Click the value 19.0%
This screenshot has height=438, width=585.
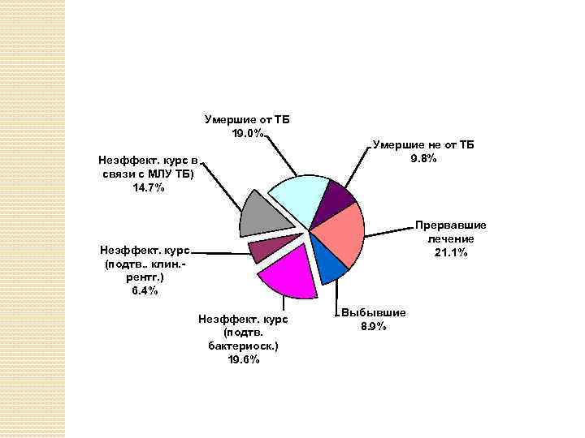247,134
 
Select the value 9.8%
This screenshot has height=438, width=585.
423,158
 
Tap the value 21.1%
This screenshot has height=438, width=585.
450,254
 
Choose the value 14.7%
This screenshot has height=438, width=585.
148,188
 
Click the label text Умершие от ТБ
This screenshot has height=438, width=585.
247,120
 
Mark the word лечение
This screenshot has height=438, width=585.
450,239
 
